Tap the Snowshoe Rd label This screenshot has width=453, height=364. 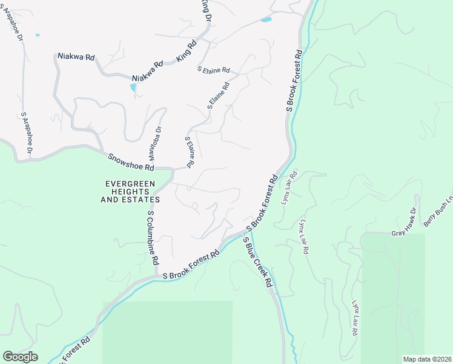(131, 162)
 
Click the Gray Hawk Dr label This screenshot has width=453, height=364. (405, 223)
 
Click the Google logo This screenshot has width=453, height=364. (20, 357)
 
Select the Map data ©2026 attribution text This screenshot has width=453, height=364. (427, 359)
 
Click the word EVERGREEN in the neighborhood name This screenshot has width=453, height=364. (130, 183)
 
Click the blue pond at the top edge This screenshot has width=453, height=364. (265, 19)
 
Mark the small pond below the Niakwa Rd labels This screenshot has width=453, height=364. (133, 88)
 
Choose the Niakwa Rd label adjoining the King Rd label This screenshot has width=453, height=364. (148, 71)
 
